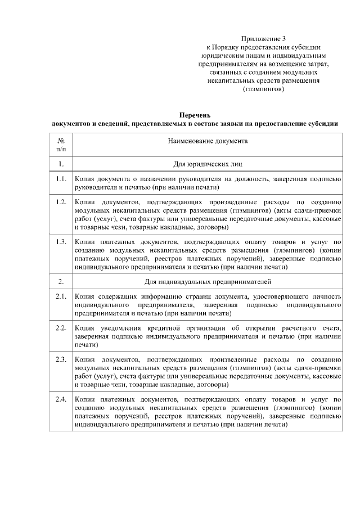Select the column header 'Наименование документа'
pos(208,141)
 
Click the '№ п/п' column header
pos(61,145)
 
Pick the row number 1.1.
pos(61,179)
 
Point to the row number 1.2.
pos(61,201)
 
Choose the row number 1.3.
pos(61,241)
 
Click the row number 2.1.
pos(61,296)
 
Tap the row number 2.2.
pos(61,327)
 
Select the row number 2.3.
pos(61,358)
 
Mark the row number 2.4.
pos(61,399)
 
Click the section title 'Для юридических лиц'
pos(208,164)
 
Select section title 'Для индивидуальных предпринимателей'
pos(208,280)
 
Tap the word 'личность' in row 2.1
pos(326,296)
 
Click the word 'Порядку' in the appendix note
pos(228,47)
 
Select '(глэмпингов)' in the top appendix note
pos(263,89)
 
